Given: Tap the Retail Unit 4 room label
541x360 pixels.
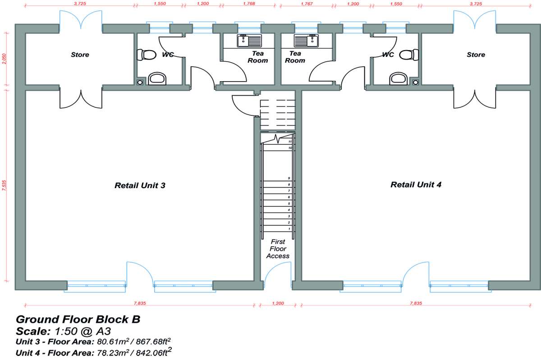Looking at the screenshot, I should [x=412, y=185].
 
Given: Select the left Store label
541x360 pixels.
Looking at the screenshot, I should [x=80, y=55].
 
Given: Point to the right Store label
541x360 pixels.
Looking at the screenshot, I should [x=476, y=55].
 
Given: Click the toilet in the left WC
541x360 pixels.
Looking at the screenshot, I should [x=145, y=55].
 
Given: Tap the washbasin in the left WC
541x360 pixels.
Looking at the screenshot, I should [x=157, y=79].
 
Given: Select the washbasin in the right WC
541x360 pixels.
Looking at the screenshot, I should [x=399, y=79].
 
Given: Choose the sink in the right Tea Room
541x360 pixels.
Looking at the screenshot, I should [x=307, y=41].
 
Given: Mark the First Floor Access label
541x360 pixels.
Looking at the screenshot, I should [x=278, y=249].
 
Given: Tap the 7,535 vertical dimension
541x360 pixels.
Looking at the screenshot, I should [x=5, y=186].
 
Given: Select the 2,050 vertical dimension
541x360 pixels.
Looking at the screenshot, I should [x=5, y=59].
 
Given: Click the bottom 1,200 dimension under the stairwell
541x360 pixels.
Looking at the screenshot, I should [x=278, y=303].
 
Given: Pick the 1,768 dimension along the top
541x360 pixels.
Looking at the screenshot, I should [x=248, y=4].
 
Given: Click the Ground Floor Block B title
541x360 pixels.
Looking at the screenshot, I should [x=78, y=320].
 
